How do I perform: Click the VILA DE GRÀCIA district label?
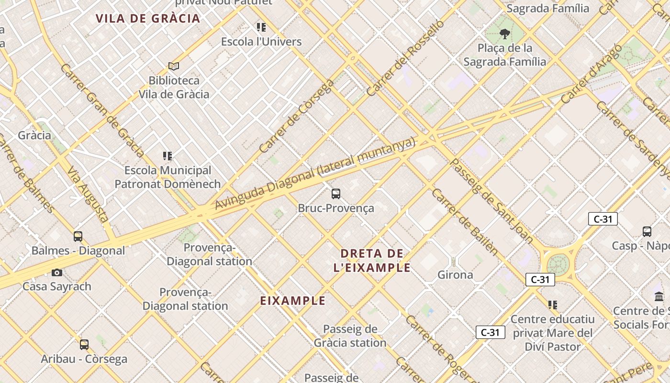tap(147, 19)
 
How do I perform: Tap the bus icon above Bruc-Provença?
tap(336, 194)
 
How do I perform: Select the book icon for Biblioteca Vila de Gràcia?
tap(174, 66)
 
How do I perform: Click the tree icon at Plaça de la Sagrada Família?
tap(504, 34)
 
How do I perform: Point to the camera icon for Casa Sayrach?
tap(57, 272)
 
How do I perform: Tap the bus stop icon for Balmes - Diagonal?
tap(78, 236)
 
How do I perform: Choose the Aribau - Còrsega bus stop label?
tap(84, 359)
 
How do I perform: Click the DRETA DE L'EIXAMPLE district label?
tap(372, 260)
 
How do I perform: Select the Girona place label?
tap(455, 275)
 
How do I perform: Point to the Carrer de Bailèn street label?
tap(464, 222)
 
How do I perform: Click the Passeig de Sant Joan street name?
tap(491, 201)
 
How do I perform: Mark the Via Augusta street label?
tap(88, 194)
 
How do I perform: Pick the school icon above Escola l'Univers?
tap(261, 27)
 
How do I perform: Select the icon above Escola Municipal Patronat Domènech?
tap(167, 156)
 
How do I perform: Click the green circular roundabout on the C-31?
tap(558, 264)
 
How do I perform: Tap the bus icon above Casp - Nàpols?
tap(647, 232)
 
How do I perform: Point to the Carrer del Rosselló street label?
tap(405, 58)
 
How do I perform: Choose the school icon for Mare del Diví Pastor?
tap(553, 305)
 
